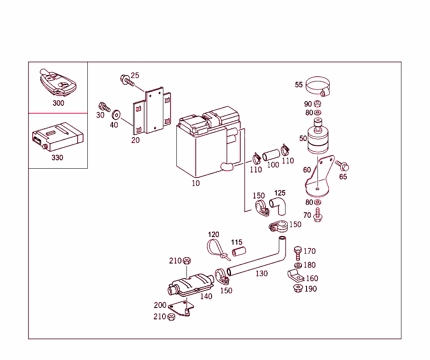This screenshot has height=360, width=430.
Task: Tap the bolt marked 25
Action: pyautogui.click(x=126, y=80)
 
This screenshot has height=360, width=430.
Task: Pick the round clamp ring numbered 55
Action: pyautogui.click(x=318, y=86)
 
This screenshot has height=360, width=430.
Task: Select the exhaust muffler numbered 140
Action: pyautogui.click(x=190, y=283)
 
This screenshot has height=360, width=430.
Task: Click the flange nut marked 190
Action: pyautogui.click(x=298, y=288)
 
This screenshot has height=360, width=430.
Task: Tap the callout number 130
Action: pyautogui.click(x=261, y=274)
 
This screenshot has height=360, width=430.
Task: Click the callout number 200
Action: pyautogui.click(x=160, y=305)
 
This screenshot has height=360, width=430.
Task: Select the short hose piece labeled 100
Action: pyautogui.click(x=271, y=154)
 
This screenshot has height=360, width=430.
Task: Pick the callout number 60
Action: pyautogui.click(x=307, y=170)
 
